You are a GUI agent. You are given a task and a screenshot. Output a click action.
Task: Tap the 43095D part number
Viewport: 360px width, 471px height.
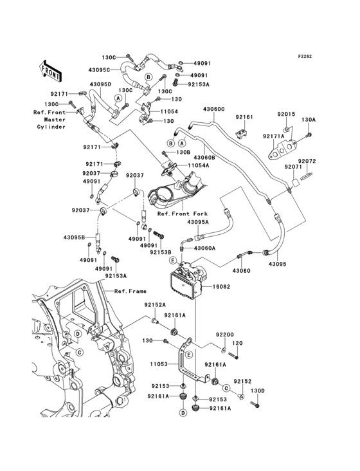[x=101, y=85]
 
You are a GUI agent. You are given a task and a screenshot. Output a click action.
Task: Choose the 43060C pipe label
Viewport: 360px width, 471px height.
[x=214, y=109]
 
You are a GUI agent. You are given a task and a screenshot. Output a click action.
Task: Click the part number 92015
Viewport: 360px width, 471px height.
[x=286, y=114]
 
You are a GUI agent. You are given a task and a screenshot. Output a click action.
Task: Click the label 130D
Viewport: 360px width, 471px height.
[x=257, y=391]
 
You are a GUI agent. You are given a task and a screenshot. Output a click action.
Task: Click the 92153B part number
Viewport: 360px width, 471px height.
[x=161, y=252]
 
